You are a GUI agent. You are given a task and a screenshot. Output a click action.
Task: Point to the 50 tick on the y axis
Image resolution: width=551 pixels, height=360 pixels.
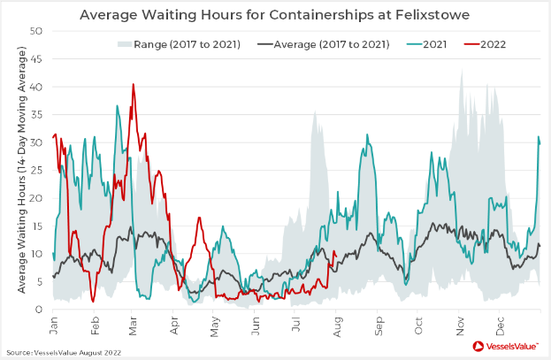coord(38,31)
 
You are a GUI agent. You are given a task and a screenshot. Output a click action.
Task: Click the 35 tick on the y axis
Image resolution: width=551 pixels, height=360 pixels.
coord(38,115)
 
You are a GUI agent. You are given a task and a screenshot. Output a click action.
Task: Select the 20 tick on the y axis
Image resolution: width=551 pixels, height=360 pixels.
coord(38,198)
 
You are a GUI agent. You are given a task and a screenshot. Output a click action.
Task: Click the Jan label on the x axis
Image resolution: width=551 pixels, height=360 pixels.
coord(56,324)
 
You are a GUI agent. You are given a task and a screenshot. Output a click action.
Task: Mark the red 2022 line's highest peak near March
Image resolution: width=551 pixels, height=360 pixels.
coord(134,85)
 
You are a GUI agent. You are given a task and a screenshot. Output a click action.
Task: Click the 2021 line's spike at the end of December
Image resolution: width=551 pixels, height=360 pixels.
coord(539,137)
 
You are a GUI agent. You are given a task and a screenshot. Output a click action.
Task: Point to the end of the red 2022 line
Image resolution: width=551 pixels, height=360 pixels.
coord(335,256)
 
